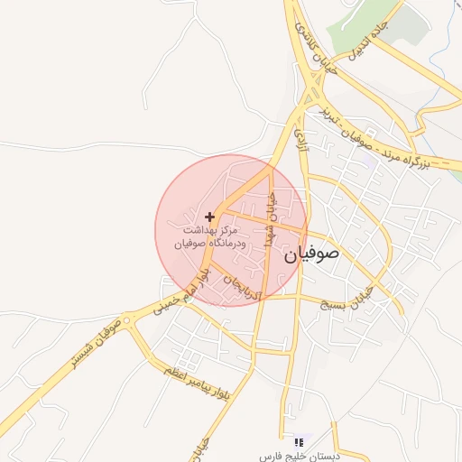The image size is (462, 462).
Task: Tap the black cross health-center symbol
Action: (209, 217)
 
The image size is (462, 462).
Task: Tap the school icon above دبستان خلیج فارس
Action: (299, 442)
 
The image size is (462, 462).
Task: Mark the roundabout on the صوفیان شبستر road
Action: (128, 319)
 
